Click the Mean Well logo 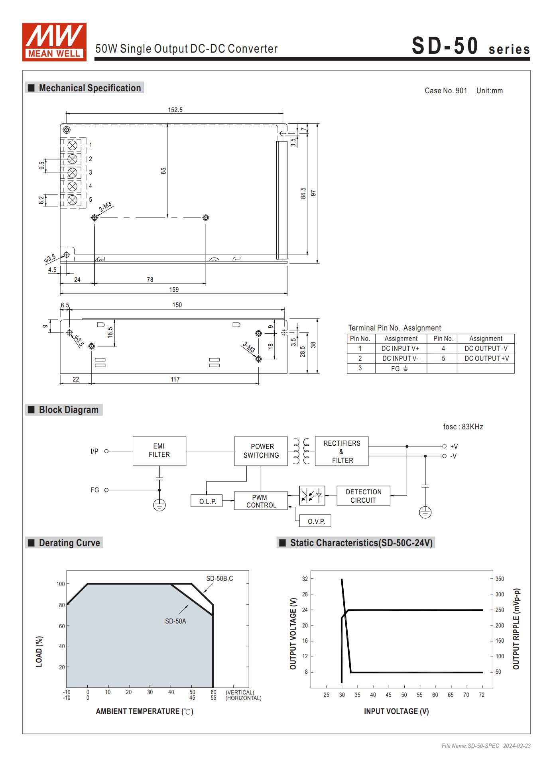pyautogui.click(x=54, y=42)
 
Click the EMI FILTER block pyautogui.click(x=159, y=451)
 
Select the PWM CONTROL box pyautogui.click(x=261, y=501)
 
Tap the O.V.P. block pyautogui.click(x=316, y=521)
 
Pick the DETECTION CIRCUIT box pyautogui.click(x=363, y=496)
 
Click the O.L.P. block pyautogui.click(x=208, y=501)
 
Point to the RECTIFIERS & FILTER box pyautogui.click(x=342, y=451)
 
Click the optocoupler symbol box pyautogui.click(x=312, y=496)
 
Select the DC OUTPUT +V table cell pyautogui.click(x=486, y=358)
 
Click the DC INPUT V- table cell pyautogui.click(x=400, y=358)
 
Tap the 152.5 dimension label pyautogui.click(x=175, y=110)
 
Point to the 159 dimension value pyautogui.click(x=174, y=289)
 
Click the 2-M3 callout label pyautogui.click(x=105, y=207)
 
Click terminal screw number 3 pyautogui.click(x=72, y=173)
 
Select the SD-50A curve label pyautogui.click(x=175, y=621)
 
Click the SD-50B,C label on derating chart pyautogui.click(x=219, y=578)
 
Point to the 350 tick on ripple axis pyautogui.click(x=500, y=579)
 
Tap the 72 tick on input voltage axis pyautogui.click(x=482, y=695)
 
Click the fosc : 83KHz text pyautogui.click(x=463, y=427)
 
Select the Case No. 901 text pyautogui.click(x=445, y=90)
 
